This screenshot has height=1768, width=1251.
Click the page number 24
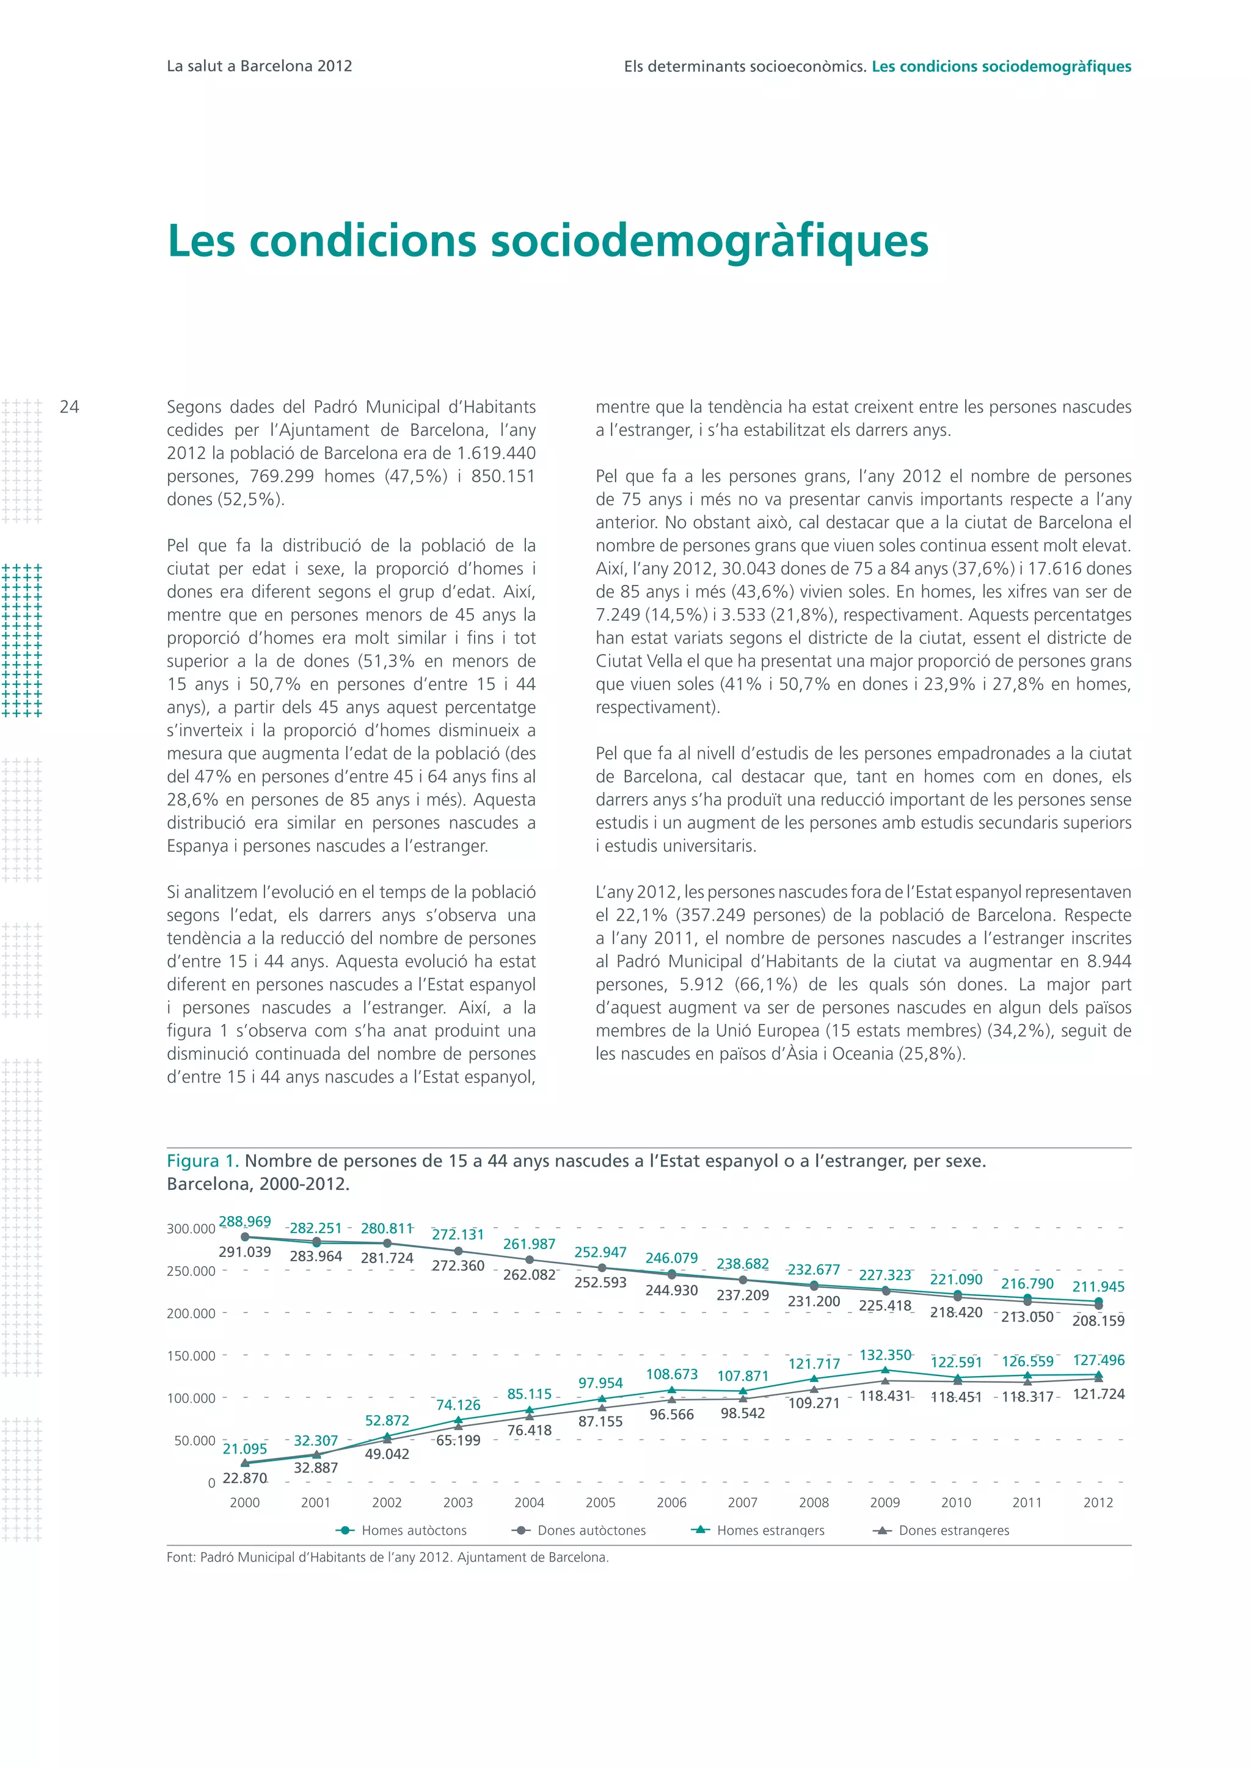click(x=69, y=407)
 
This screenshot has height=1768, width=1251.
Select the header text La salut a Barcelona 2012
click(x=259, y=66)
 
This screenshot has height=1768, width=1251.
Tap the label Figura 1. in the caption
click(x=203, y=1161)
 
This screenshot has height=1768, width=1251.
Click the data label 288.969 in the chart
click(x=245, y=1221)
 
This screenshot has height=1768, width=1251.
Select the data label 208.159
click(x=1098, y=1321)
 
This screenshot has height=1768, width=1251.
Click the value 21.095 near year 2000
click(x=245, y=1449)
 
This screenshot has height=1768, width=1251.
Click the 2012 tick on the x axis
click(x=1098, y=1502)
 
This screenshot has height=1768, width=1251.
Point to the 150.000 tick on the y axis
click(x=191, y=1355)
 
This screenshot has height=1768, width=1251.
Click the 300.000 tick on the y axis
click(x=191, y=1229)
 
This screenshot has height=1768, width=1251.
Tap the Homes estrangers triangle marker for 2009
click(x=885, y=1370)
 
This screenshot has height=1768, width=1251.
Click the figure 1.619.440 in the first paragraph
click(x=489, y=453)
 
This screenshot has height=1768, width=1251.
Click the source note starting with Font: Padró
click(x=387, y=1557)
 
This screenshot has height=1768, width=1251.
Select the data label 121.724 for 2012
click(x=1098, y=1394)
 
